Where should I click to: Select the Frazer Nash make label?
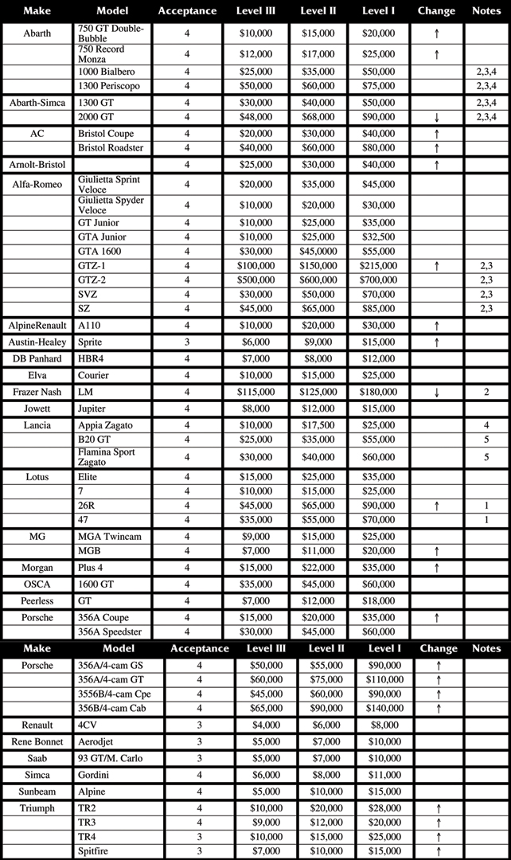37,393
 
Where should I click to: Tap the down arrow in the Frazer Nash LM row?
437,393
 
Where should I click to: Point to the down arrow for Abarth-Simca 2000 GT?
437,117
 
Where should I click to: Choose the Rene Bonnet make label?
37,741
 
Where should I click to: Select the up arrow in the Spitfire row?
438,852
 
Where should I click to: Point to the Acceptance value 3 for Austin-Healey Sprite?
187,342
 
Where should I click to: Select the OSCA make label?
37,584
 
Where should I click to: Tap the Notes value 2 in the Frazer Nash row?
486,393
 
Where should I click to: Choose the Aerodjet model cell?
98,741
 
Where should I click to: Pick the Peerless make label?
37,601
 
